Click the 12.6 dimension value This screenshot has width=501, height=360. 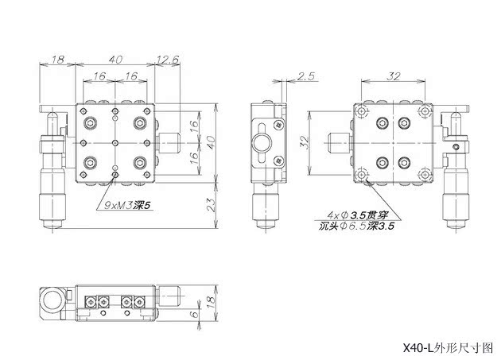[168, 59]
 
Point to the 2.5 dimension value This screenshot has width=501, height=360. [306, 75]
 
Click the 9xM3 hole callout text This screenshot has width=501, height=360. [127, 204]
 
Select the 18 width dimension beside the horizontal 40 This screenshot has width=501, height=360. [57, 59]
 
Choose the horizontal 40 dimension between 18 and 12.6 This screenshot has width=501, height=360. [116, 59]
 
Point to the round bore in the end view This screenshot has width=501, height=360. [262, 143]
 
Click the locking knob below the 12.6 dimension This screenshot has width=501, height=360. [169, 143]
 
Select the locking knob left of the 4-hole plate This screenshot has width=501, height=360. [339, 144]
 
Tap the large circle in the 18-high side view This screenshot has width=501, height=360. [55, 300]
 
